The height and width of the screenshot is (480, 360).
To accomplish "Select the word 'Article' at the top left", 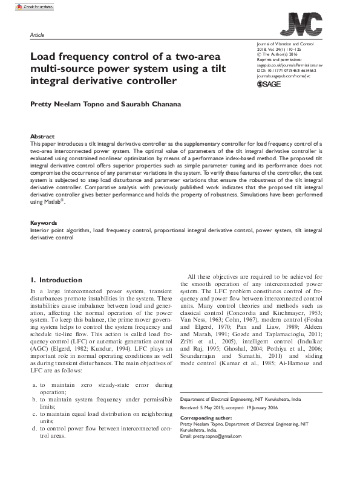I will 37,36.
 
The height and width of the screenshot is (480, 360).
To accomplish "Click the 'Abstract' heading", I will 42,137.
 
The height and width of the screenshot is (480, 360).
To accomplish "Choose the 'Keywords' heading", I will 44,223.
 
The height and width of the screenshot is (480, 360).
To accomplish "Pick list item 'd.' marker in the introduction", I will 34,445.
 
